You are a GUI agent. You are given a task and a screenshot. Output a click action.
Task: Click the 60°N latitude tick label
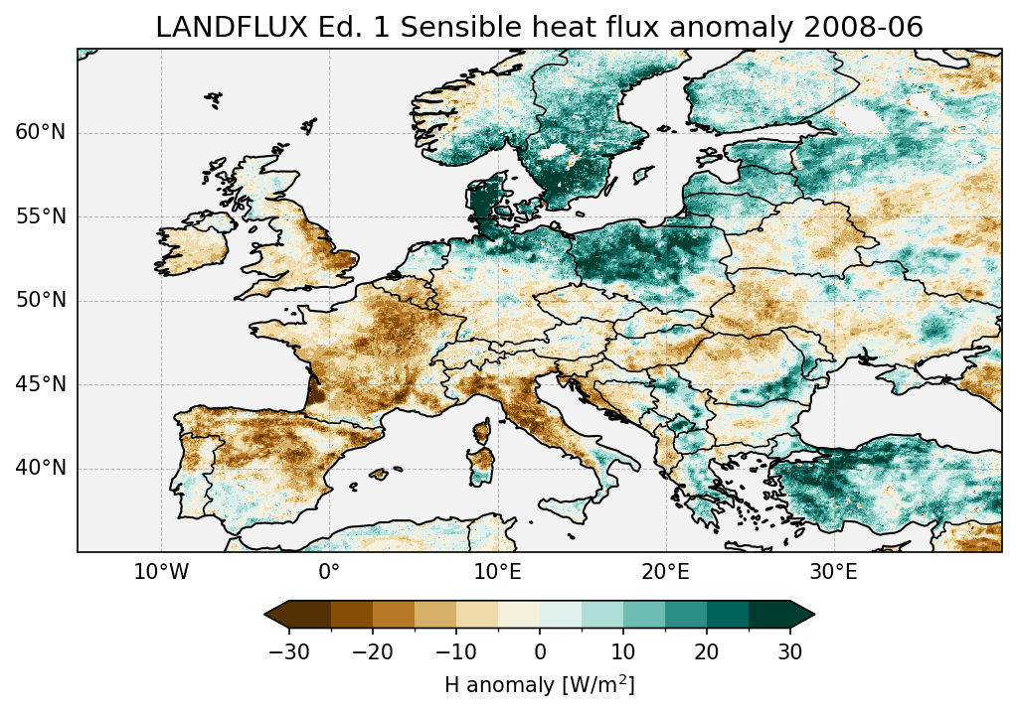coord(41,133)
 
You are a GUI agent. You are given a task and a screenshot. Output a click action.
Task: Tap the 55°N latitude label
coord(41,216)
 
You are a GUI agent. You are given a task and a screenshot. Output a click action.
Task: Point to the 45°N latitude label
coord(41,384)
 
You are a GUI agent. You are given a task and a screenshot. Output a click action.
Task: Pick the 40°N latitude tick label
coord(41,468)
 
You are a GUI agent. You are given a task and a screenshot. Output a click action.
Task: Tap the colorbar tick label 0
coord(540,651)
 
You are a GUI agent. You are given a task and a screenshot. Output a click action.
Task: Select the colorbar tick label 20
coord(707,651)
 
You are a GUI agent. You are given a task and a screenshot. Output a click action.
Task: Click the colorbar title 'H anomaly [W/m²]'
coord(539,684)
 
